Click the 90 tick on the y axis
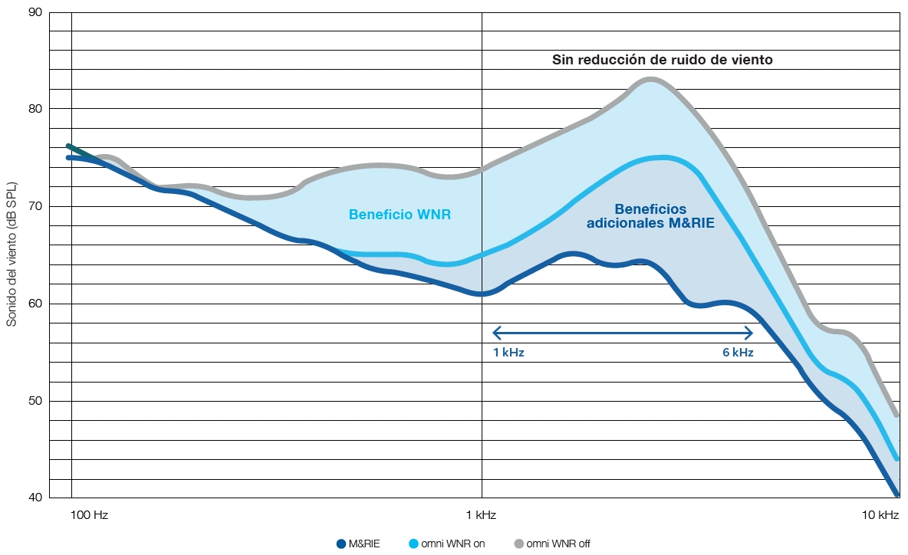[35, 12]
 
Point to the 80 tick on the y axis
[35, 109]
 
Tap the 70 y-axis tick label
[35, 206]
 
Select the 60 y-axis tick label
[35, 304]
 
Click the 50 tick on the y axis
[35, 401]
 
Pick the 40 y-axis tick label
[35, 498]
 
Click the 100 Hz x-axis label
[89, 515]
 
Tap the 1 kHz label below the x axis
[482, 515]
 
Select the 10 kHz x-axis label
[880, 515]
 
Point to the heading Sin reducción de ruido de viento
[663, 60]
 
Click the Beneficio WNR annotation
[400, 215]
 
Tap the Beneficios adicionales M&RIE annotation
[650, 216]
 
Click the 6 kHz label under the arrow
[738, 353]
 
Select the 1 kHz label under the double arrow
[508, 353]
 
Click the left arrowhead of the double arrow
[495, 332]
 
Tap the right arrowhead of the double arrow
[750, 332]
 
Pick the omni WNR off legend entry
[552, 544]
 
